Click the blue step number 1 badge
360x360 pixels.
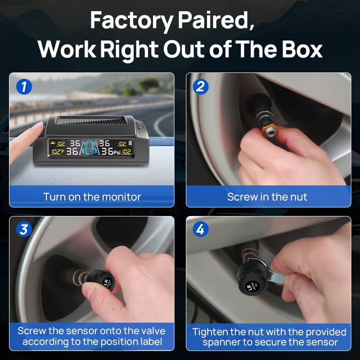[24, 87]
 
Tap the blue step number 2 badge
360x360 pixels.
[201, 87]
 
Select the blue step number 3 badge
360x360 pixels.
[24, 229]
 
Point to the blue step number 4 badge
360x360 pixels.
[201, 229]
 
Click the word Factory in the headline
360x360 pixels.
[131, 21]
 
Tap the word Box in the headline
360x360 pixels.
[302, 49]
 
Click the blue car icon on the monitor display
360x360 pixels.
[90, 148]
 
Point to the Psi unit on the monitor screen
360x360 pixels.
[117, 153]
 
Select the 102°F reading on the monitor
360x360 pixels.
[57, 152]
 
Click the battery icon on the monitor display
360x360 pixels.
[130, 143]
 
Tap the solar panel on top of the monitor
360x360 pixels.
[91, 120]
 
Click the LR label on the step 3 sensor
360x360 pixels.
[106, 282]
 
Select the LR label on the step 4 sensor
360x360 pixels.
[249, 287]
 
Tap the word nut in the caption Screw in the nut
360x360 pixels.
[299, 197]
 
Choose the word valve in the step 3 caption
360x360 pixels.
[153, 331]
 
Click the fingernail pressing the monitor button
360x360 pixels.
[39, 125]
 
